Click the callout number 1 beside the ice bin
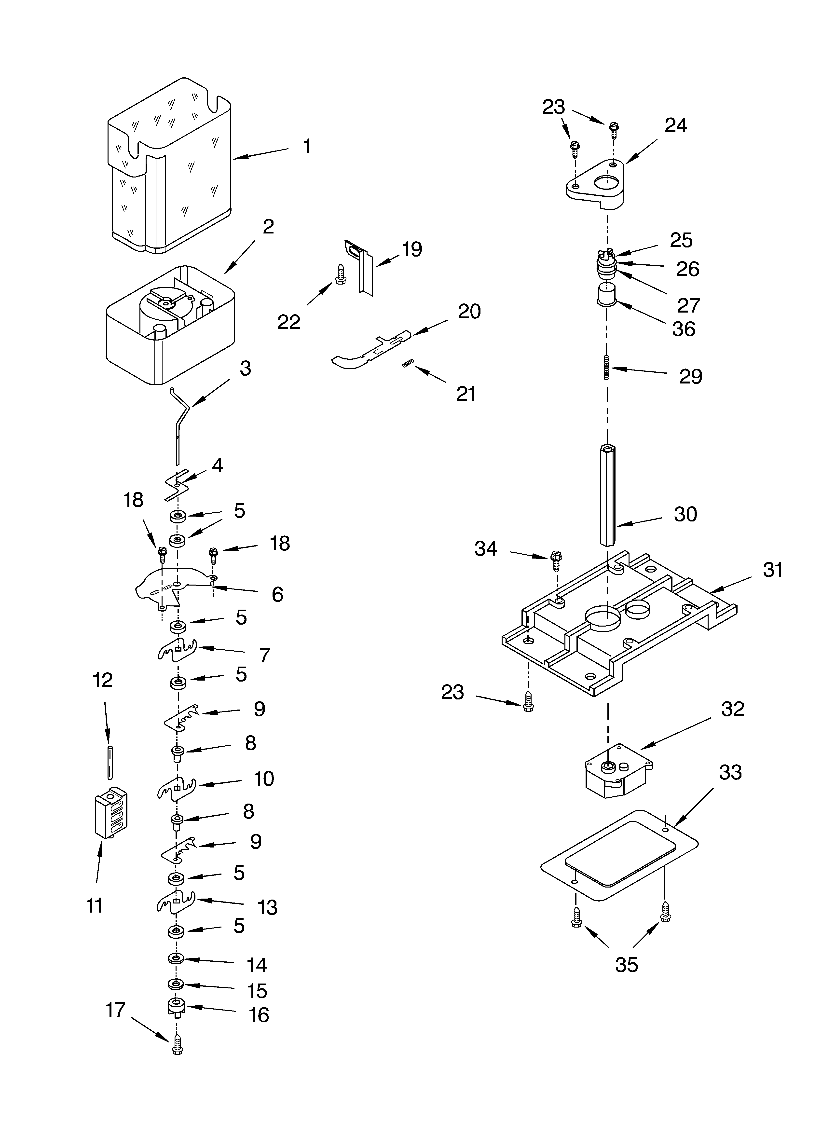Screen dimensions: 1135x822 coord(307,147)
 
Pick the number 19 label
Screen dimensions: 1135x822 coord(411,249)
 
